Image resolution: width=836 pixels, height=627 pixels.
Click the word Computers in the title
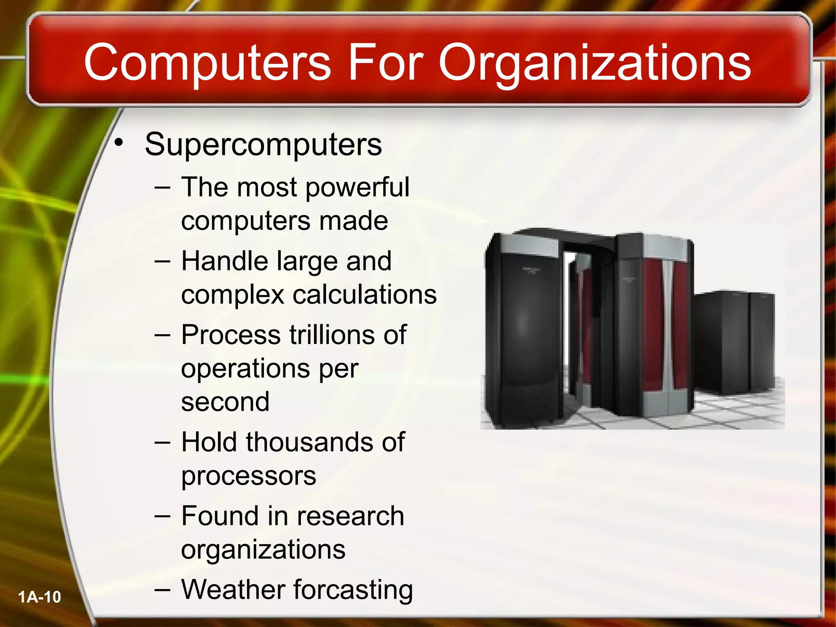coord(207,62)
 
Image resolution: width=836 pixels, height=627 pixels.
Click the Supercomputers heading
coord(263,145)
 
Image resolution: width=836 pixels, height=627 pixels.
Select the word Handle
coord(224,261)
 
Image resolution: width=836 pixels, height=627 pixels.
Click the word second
coord(225,402)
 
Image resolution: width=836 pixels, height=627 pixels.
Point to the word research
coord(350,516)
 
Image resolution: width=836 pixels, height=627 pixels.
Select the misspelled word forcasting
coord(353,591)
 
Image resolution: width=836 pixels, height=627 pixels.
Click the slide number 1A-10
coord(40,597)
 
